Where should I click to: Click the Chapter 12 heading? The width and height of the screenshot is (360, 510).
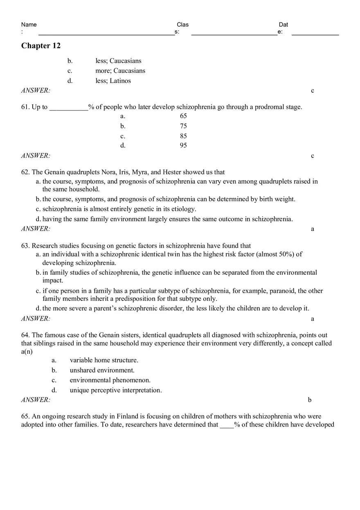41,46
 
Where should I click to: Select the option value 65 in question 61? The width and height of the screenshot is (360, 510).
183,116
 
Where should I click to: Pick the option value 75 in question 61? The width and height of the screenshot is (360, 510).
183,126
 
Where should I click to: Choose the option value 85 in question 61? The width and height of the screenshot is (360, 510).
183,136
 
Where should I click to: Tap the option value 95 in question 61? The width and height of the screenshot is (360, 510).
183,146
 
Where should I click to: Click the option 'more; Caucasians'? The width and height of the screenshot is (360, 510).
120,71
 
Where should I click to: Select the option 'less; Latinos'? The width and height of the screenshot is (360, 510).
113,81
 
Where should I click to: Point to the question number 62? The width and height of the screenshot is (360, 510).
25,172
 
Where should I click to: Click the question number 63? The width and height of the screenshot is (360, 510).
25,246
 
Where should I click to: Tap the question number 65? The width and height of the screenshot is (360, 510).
25,416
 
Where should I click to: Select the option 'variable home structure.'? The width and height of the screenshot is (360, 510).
104,360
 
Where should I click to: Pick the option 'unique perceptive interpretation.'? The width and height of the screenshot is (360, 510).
116,390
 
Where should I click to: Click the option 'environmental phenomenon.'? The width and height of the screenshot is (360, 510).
110,380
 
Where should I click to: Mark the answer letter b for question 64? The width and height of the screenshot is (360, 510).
310,400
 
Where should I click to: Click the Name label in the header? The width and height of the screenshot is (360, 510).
29,25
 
